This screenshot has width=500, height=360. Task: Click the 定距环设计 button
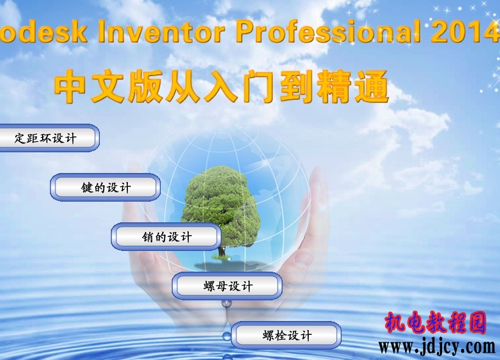tap(48, 138)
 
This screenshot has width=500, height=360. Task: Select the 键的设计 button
tap(105, 187)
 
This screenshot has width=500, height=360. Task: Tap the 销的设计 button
tap(166, 236)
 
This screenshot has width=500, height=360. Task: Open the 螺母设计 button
tap(227, 286)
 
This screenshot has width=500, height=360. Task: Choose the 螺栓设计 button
tap(286, 336)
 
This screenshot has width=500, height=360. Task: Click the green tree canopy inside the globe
tap(220, 204)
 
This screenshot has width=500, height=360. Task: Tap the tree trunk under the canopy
tap(222, 250)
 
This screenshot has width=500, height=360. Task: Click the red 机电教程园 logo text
tap(435, 322)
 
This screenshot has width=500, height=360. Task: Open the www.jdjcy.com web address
tap(437, 347)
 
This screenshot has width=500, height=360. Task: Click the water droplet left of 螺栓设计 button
tap(227, 336)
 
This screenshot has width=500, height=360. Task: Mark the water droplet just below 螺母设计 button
tap(226, 304)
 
